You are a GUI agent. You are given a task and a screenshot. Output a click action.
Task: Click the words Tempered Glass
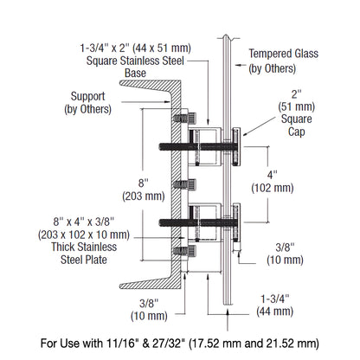tap(284, 54)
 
